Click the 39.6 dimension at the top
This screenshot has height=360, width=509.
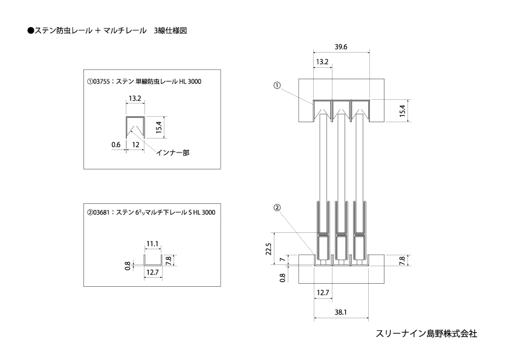(341, 47)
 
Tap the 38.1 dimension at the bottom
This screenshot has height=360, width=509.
(340, 312)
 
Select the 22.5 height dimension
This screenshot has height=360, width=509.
(268, 249)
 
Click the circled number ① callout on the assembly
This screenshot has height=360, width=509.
(277, 85)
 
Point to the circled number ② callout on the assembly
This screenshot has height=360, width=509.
(277, 208)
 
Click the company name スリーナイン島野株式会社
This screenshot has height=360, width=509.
(426, 334)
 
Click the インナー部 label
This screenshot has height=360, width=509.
(173, 152)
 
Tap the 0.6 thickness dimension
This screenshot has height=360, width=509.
(116, 145)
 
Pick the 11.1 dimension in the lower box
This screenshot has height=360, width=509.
(152, 244)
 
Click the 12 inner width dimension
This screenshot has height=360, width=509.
(135, 145)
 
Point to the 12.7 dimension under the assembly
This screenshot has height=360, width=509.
(323, 293)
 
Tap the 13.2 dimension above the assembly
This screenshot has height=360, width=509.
(322, 62)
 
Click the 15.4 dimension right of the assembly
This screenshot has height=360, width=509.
(403, 111)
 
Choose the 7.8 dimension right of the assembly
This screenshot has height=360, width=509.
(402, 261)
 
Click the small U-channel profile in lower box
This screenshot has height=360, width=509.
(153, 265)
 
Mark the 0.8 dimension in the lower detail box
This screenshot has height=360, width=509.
(128, 266)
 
